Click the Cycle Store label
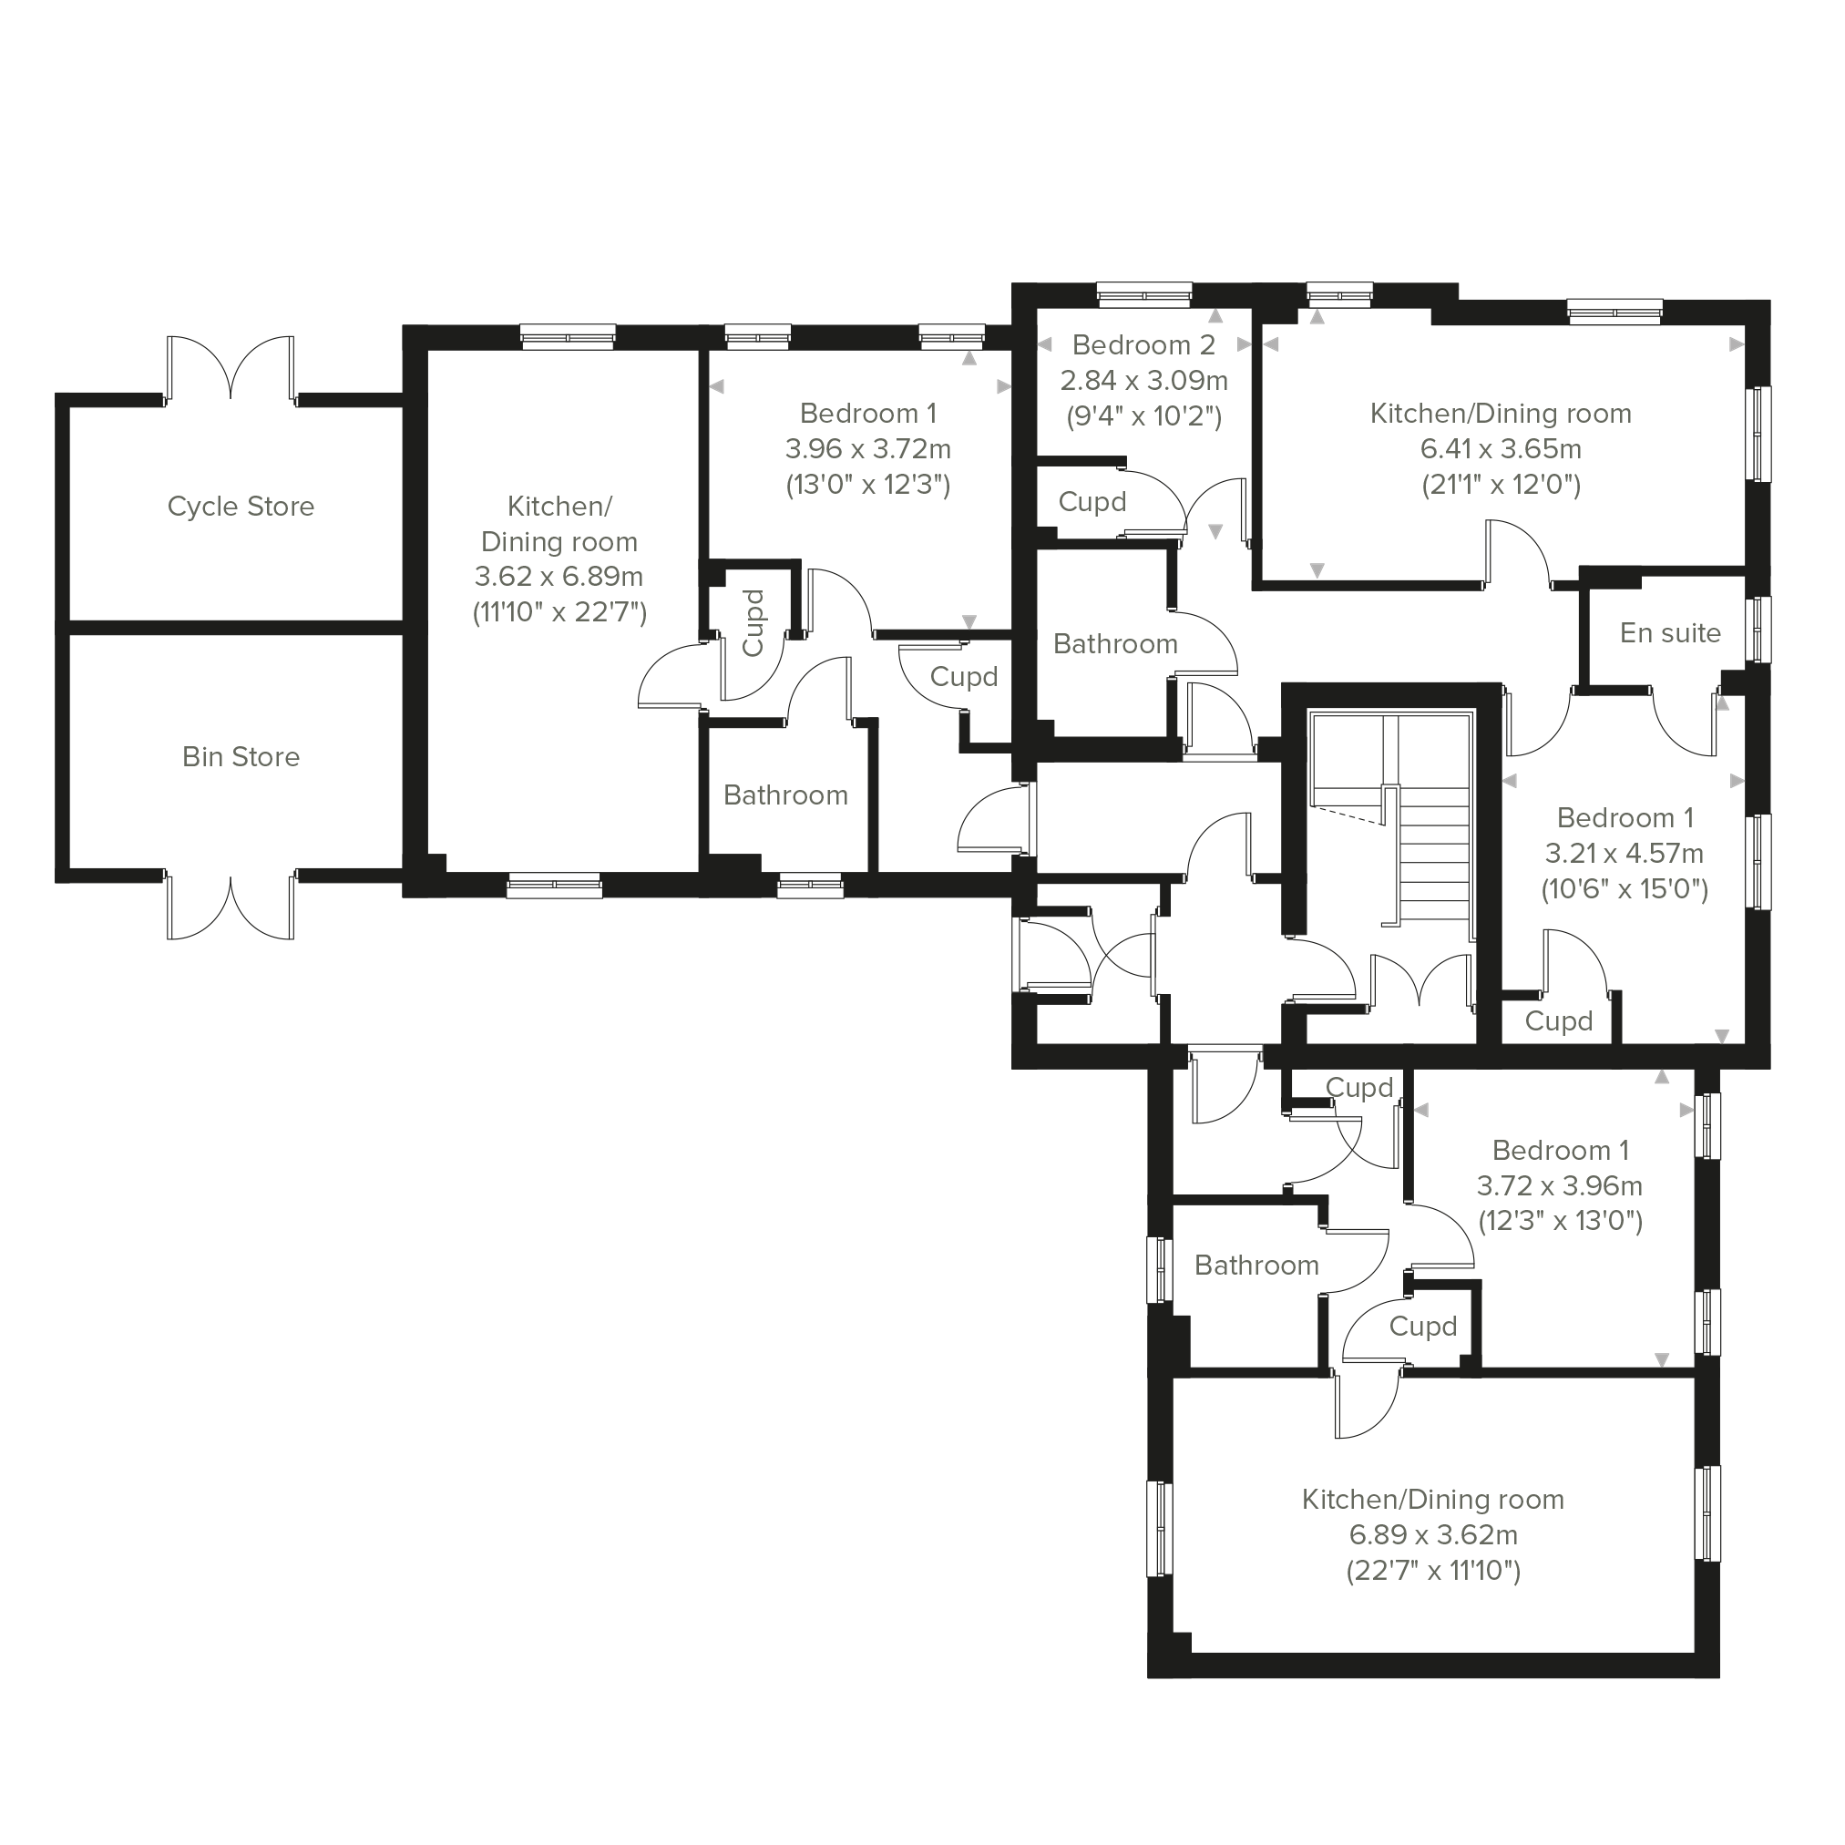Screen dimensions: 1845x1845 click(x=241, y=507)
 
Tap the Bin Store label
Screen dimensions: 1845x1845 click(x=241, y=757)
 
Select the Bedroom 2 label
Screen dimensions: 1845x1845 click(x=1144, y=344)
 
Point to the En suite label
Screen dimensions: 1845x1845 click(x=1670, y=633)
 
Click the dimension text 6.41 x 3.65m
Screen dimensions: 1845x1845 click(x=1502, y=449)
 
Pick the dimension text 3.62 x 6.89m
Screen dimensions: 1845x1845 click(x=559, y=577)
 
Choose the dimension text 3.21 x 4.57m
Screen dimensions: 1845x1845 click(x=1625, y=853)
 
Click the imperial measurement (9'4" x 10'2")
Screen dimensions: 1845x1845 click(x=1144, y=416)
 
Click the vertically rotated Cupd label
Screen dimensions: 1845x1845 click(x=753, y=622)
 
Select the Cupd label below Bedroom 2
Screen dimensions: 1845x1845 click(x=1092, y=502)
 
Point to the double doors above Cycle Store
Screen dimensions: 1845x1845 click(x=231, y=369)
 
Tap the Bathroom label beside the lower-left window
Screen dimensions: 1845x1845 click(x=1256, y=1266)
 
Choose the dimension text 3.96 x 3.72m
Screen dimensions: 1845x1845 click(x=868, y=449)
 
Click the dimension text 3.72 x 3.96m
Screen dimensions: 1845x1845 click(x=1561, y=1186)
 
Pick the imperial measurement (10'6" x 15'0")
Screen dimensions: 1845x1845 click(x=1625, y=890)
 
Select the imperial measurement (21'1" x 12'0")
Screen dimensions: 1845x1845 click(x=1502, y=485)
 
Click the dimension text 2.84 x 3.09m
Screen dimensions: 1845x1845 click(x=1144, y=380)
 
